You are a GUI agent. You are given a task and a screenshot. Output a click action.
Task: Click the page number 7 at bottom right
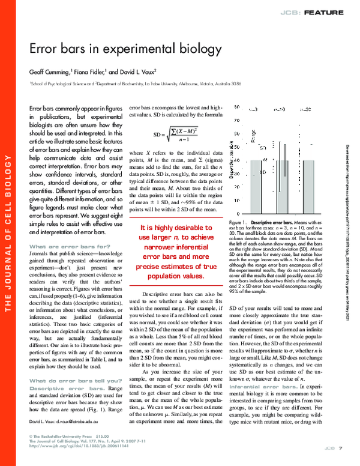pos(340,448)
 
